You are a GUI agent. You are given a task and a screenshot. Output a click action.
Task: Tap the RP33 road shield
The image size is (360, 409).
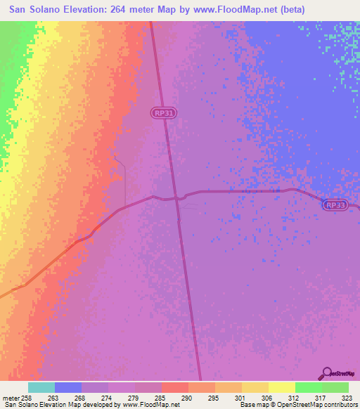(335, 205)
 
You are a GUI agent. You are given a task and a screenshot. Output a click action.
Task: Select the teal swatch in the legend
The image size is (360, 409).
(41, 387)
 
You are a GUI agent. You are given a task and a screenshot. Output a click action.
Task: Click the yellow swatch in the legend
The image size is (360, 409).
(281, 387)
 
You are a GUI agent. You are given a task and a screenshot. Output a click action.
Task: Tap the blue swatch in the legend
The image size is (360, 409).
(68, 387)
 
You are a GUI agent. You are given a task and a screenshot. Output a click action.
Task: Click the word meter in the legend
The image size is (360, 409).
(11, 398)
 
